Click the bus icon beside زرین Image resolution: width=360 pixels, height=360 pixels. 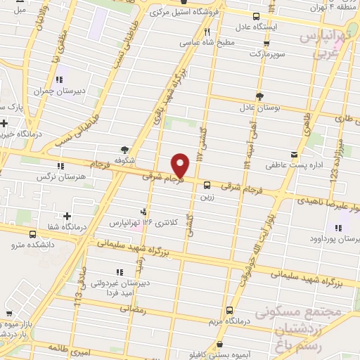click(207, 186)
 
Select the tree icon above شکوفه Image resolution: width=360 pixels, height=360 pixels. click(125, 149)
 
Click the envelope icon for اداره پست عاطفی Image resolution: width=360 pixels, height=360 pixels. click(293, 154)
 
